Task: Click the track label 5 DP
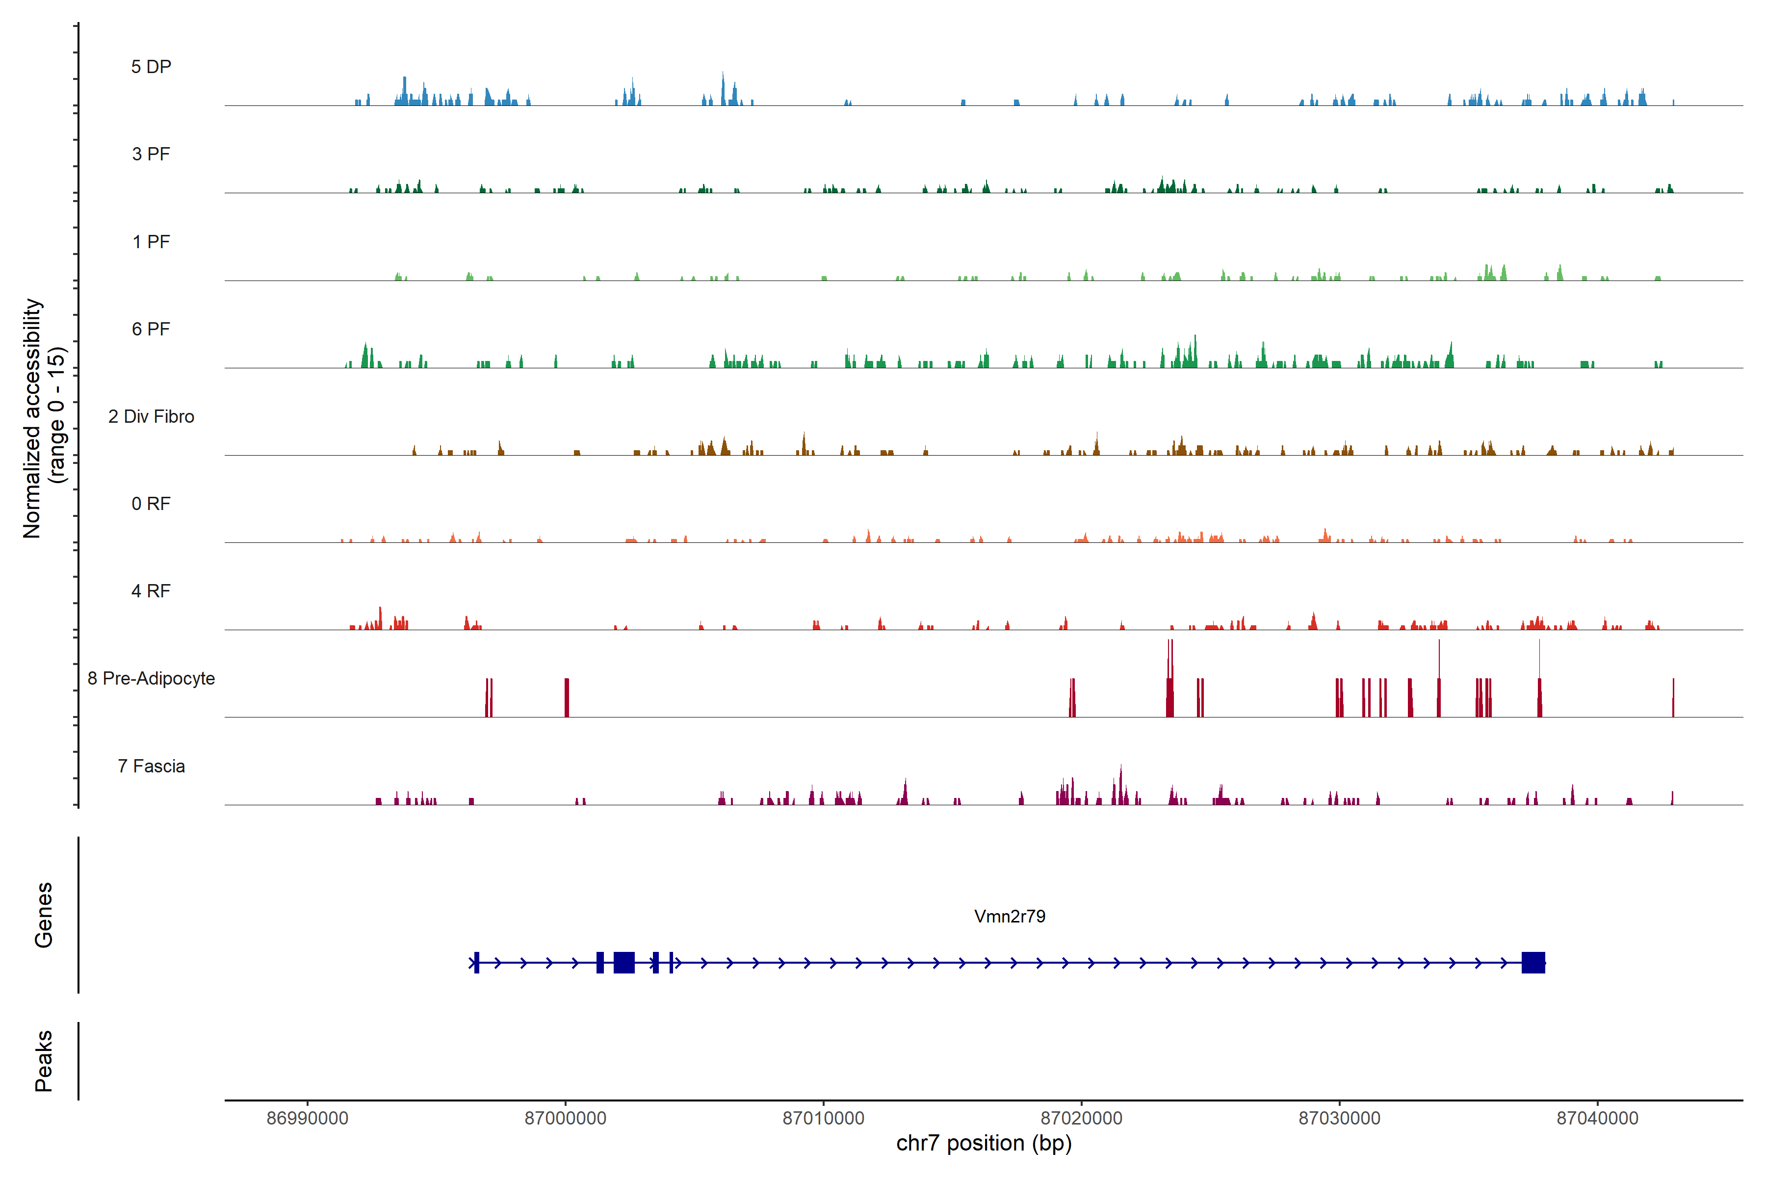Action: [151, 67]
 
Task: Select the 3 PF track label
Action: [151, 154]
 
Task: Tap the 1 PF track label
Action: [151, 242]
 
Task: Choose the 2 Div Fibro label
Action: [151, 416]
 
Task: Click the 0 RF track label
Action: [151, 504]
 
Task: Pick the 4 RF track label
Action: [151, 591]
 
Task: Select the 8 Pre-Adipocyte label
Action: [151, 679]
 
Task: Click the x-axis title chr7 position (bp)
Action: [984, 1143]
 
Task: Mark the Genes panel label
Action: [44, 915]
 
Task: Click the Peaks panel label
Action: [44, 1061]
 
